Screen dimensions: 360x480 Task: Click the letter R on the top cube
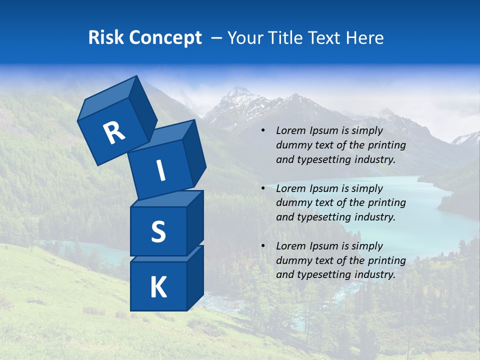(114, 133)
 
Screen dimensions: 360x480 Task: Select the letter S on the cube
(158, 231)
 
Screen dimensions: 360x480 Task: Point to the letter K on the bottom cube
(158, 287)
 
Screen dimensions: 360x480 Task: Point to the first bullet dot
(263, 131)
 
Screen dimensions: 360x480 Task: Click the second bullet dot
(263, 188)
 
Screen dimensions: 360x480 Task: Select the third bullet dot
(263, 246)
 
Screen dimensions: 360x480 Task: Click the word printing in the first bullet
(385, 145)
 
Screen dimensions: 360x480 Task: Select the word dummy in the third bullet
(292, 260)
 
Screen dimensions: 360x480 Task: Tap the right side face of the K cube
(195, 277)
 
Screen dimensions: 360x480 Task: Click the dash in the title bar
(217, 38)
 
